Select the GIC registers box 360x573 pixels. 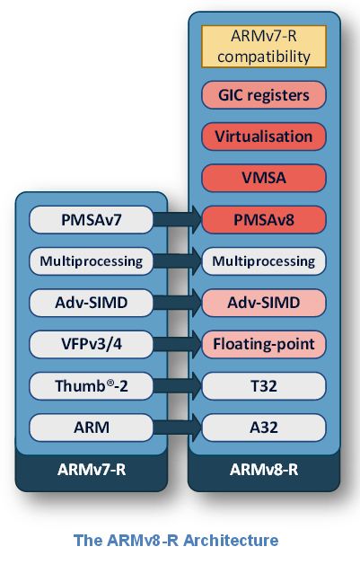[263, 95]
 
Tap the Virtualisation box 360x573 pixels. [263, 137]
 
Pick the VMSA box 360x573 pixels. [263, 178]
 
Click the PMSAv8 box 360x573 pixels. [263, 219]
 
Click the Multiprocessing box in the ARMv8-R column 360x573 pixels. [263, 261]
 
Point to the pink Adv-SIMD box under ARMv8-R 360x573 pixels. [263, 303]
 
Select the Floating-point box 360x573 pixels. [263, 344]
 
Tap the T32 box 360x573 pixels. [263, 386]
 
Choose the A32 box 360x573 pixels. [263, 428]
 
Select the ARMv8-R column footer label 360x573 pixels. [263, 470]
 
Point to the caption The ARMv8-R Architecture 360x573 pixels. [175, 540]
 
